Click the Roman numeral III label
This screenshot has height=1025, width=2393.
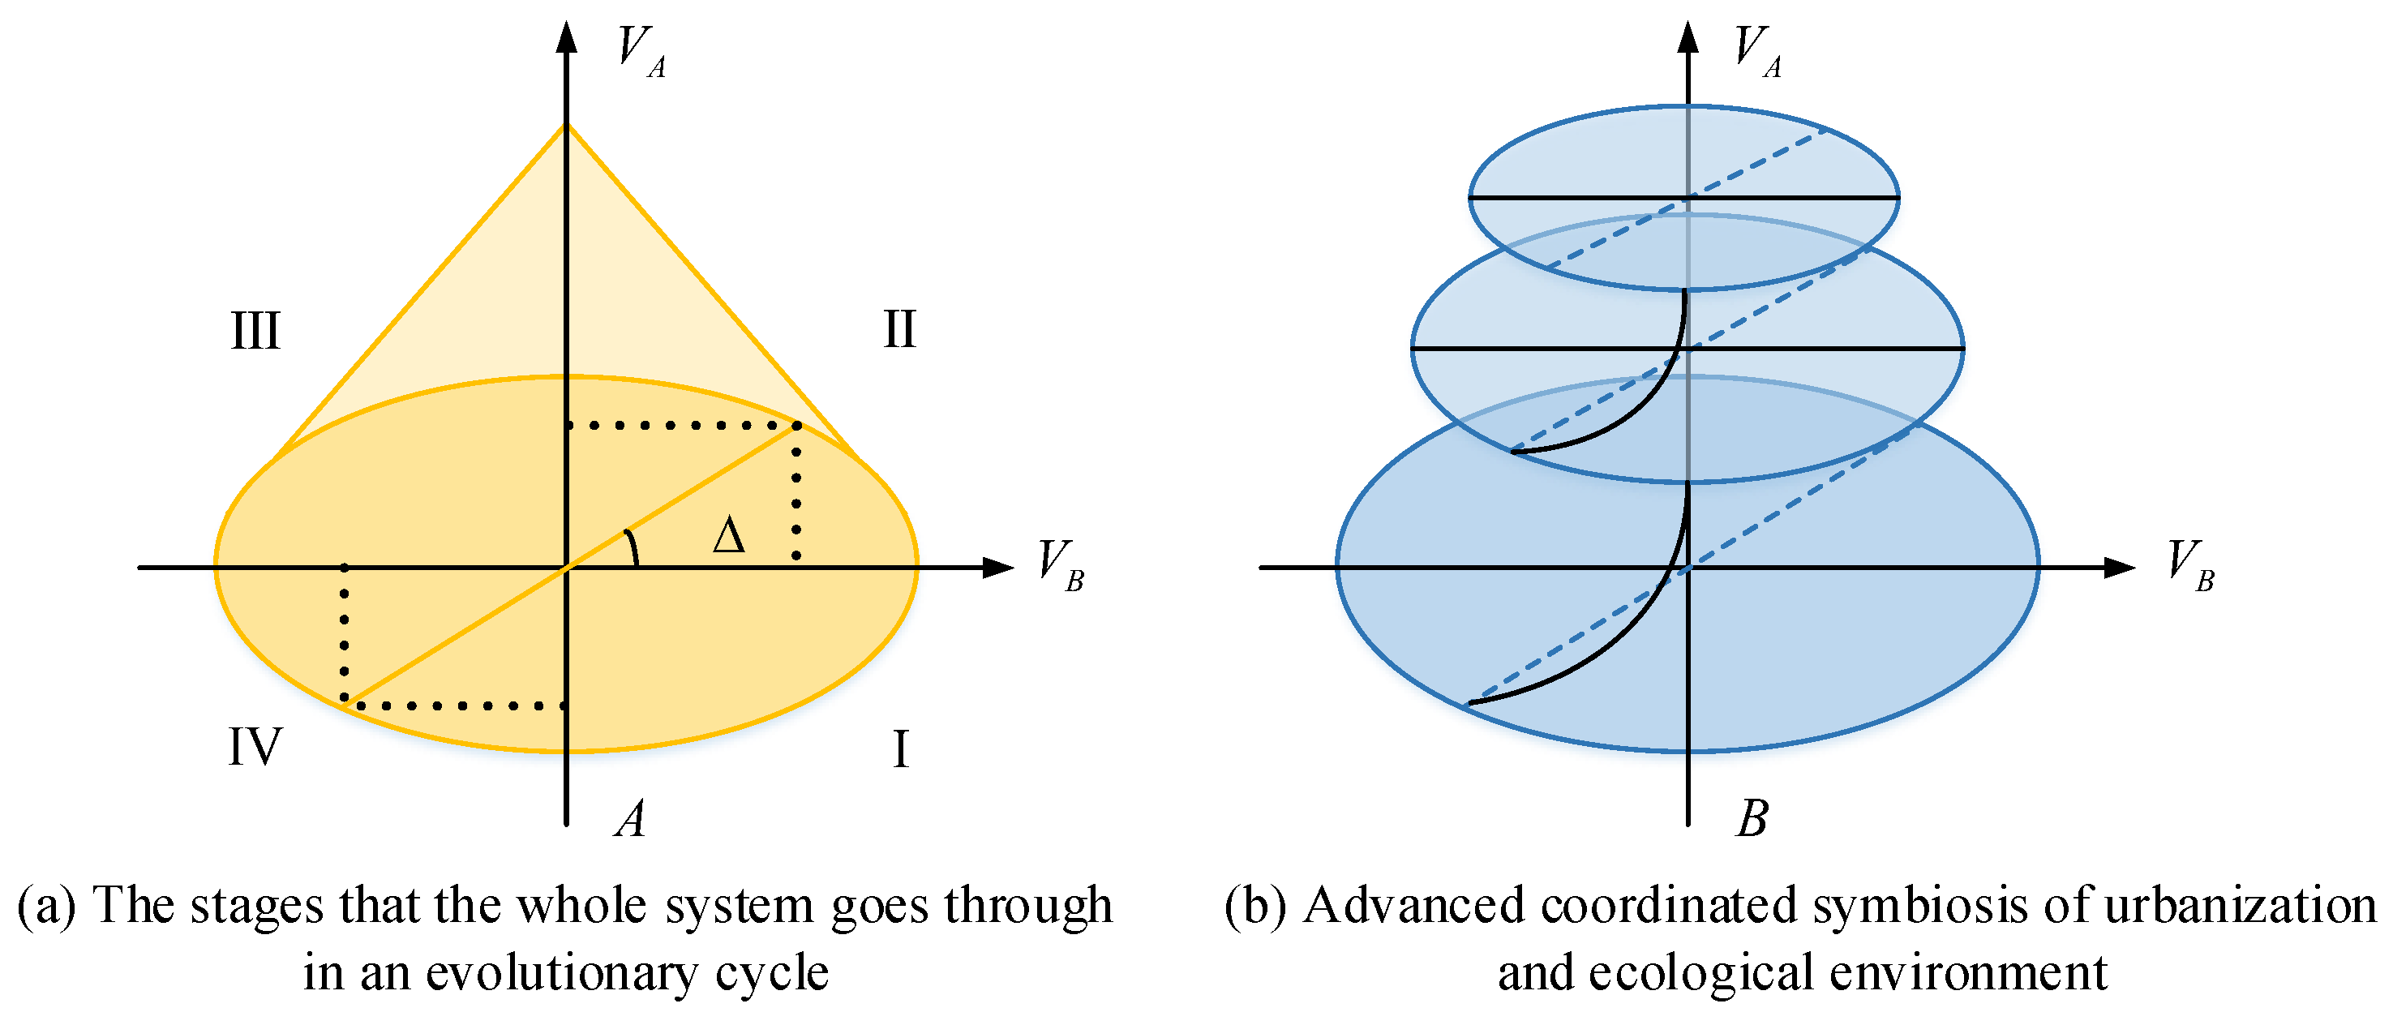tap(255, 332)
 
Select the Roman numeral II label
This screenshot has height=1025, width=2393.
tap(898, 330)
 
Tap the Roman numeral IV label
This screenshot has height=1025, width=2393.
tap(255, 747)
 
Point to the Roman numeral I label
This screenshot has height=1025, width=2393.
tap(899, 749)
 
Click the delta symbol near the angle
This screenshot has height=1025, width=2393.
tap(729, 537)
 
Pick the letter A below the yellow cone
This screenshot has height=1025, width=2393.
tap(631, 820)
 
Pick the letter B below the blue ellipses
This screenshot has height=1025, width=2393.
tap(1752, 820)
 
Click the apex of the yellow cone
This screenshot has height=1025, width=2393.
tap(567, 126)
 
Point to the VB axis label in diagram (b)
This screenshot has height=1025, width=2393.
tap(2190, 564)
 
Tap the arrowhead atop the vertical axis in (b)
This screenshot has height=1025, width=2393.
tap(1688, 36)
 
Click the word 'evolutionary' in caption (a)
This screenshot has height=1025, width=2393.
tap(564, 973)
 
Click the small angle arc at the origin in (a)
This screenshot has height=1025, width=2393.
tap(633, 547)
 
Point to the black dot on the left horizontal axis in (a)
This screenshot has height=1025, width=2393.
tap(345, 567)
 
